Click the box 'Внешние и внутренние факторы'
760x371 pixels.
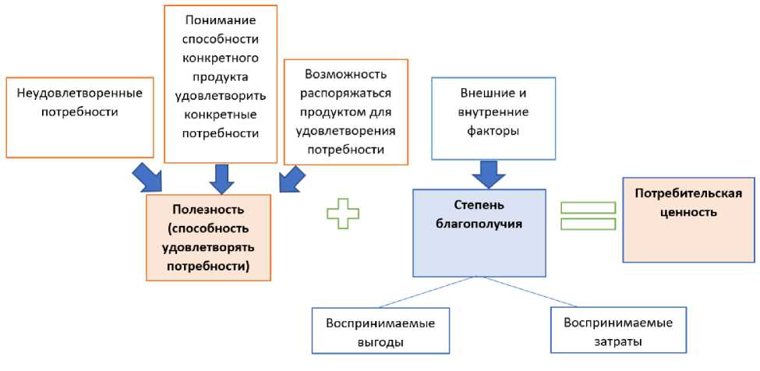click(489, 117)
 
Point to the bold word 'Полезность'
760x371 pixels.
click(208, 210)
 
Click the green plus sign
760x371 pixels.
click(343, 214)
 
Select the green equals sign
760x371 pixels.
click(589, 217)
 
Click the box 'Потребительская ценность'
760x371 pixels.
click(688, 219)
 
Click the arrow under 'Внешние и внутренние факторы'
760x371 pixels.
click(488, 174)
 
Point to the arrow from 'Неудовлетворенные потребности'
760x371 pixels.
click(148, 177)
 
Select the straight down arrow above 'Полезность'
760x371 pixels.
click(222, 178)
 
